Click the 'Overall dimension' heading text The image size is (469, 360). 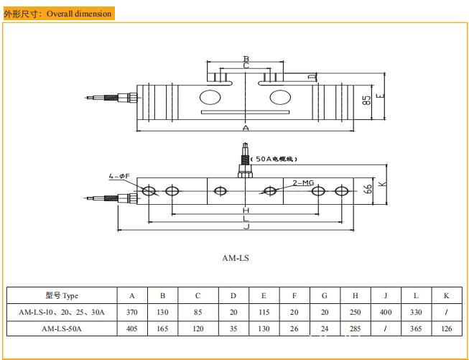click(79, 14)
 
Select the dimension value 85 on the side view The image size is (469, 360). click(366, 101)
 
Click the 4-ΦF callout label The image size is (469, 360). click(119, 176)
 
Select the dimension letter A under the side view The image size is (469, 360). click(246, 128)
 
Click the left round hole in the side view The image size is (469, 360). click(210, 96)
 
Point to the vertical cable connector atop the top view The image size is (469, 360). click(245, 162)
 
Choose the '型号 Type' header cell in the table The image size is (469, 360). click(62, 296)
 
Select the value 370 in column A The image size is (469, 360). click(131, 312)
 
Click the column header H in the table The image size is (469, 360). click(355, 296)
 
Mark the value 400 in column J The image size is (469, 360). click(386, 312)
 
